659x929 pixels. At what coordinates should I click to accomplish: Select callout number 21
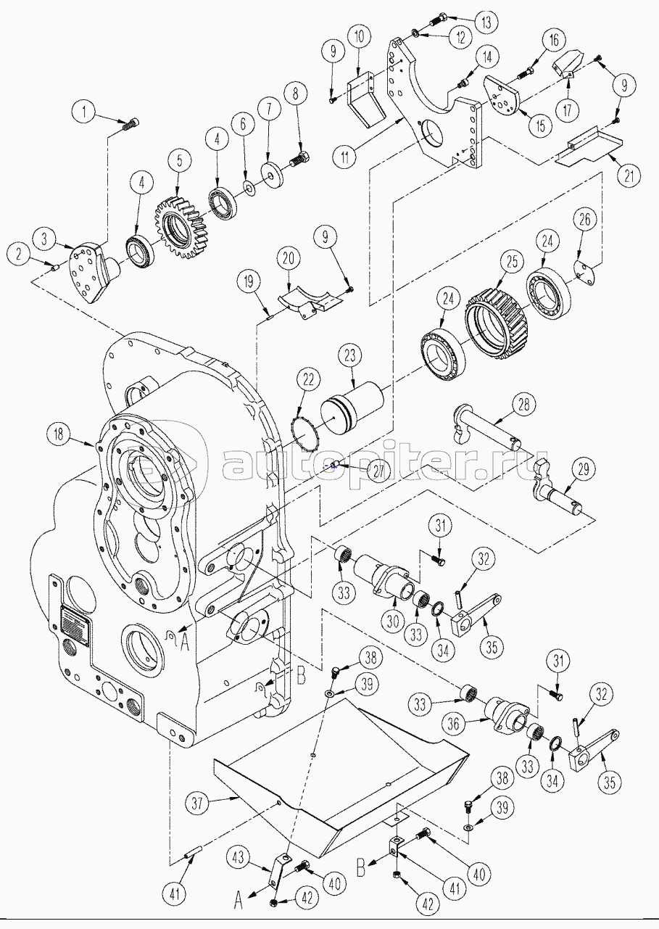(x=628, y=174)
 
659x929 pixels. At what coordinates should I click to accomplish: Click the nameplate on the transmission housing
(x=75, y=622)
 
